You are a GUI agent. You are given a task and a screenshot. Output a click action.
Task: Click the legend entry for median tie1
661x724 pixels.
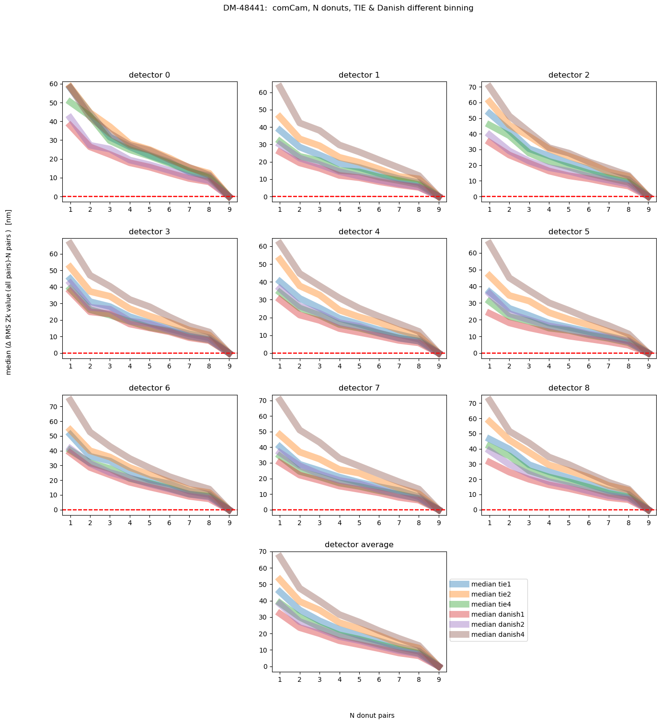(491, 584)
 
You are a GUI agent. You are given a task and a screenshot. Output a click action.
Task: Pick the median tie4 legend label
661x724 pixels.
(491, 604)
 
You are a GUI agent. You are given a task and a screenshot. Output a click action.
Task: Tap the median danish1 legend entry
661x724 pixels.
(495, 614)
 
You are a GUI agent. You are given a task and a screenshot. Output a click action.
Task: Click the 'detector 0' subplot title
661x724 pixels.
(149, 75)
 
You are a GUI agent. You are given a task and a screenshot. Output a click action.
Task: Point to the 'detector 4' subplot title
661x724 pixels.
(359, 232)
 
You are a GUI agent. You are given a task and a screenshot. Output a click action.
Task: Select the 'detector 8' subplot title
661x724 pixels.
(569, 388)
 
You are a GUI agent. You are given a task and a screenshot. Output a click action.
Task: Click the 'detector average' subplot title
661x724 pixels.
(359, 545)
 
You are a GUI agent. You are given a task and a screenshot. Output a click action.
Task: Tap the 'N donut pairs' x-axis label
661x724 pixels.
(372, 715)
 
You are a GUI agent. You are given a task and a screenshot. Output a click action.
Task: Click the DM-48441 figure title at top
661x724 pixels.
(348, 8)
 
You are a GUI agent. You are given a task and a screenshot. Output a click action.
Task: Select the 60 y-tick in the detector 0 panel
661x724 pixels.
(54, 84)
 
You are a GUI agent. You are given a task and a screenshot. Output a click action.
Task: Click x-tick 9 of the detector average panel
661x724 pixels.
(439, 679)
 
